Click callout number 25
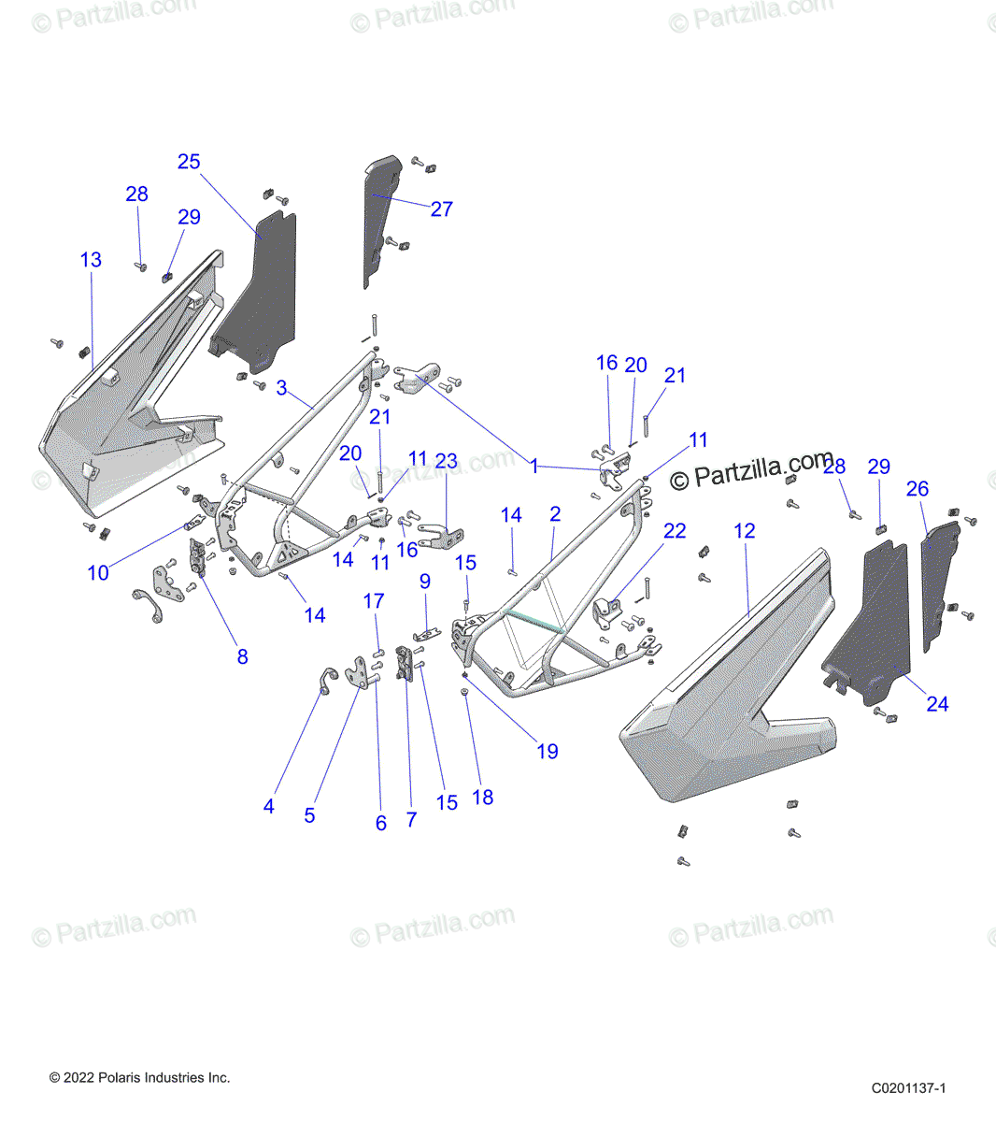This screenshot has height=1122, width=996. pos(189,162)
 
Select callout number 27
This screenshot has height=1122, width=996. pos(441,209)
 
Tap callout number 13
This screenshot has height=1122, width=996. pos(91,260)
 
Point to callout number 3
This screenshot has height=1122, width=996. pos(281,387)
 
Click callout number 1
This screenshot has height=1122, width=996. pos(534,466)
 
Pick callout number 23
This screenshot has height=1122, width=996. pos(447,461)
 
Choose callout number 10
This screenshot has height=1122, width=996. pos(98,573)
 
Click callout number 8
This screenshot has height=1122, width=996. pos(242,656)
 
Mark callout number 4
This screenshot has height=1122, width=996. pos(269,806)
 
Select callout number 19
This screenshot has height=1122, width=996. pos(547,751)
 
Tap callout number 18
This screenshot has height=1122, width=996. pos(482,797)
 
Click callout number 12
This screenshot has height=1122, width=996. pos(744,531)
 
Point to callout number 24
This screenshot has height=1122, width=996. pos(937,704)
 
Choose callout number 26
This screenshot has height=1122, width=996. pos(918,489)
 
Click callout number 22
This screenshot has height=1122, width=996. pos(675,531)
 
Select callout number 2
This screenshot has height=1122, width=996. pos(555,514)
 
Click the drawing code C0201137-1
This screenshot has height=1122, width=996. pos(908,1087)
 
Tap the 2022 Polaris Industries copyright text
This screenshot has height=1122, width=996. pos(139,1078)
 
